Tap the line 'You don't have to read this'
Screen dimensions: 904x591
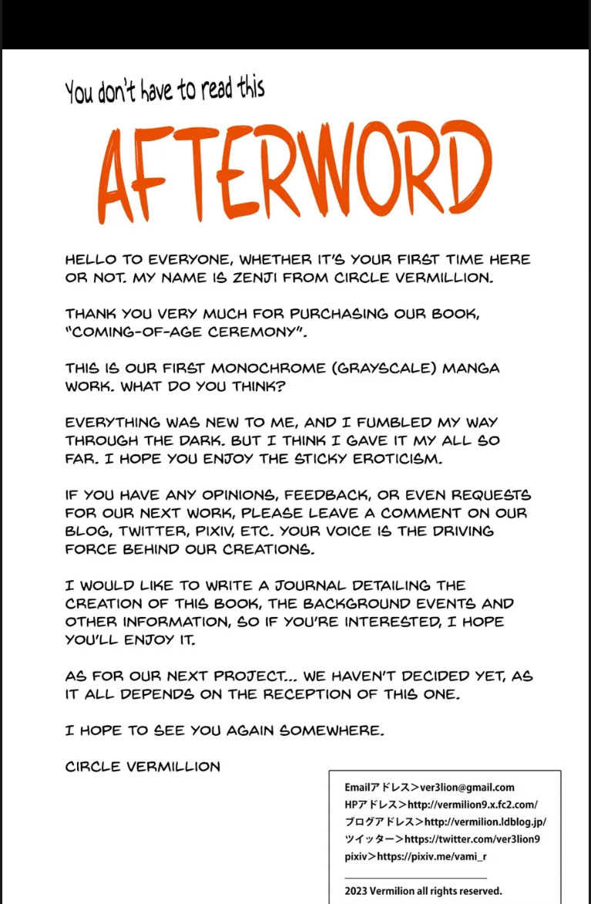[165, 90]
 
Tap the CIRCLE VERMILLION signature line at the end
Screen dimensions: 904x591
[143, 767]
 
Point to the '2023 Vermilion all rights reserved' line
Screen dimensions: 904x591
[423, 890]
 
